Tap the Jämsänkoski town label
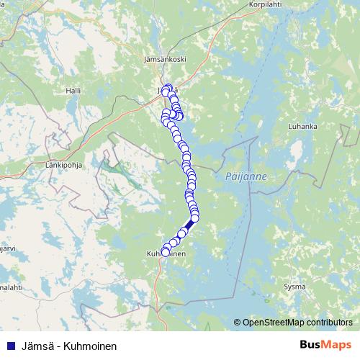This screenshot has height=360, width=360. [165, 58]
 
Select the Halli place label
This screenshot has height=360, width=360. [73, 91]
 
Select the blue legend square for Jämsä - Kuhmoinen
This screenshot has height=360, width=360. [11, 346]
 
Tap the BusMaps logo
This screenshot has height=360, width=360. [325, 345]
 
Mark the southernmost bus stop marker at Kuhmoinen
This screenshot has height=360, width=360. [166, 252]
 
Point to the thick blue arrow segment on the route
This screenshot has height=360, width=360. [188, 225]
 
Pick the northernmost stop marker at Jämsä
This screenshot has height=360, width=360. [168, 89]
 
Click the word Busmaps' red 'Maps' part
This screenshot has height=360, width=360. [338, 345]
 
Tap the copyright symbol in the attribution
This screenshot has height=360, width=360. [238, 323]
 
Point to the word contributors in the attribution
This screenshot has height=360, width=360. [328, 323]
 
